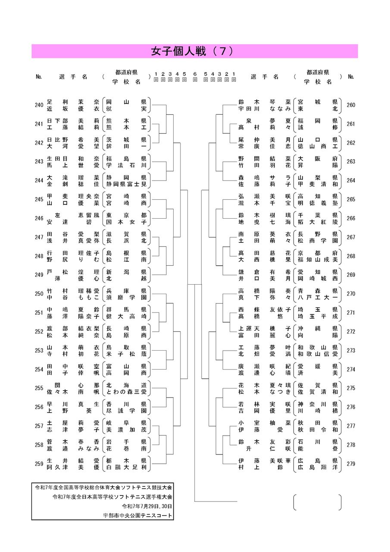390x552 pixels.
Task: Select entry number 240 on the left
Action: click(x=39, y=105)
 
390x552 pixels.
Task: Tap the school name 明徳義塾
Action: click(x=318, y=203)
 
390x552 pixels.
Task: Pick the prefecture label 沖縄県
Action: click(x=318, y=328)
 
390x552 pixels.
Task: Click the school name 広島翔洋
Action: click(x=318, y=467)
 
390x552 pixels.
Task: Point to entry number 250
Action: click(x=39, y=294)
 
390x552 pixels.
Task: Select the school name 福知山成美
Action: click(x=318, y=260)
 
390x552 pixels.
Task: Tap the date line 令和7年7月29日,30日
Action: click(x=147, y=506)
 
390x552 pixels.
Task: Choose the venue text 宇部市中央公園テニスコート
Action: click(x=137, y=515)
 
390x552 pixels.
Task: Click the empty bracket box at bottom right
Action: click(x=318, y=502)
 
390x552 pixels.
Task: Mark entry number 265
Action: click(x=351, y=200)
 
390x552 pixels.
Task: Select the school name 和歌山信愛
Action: click(x=318, y=354)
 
